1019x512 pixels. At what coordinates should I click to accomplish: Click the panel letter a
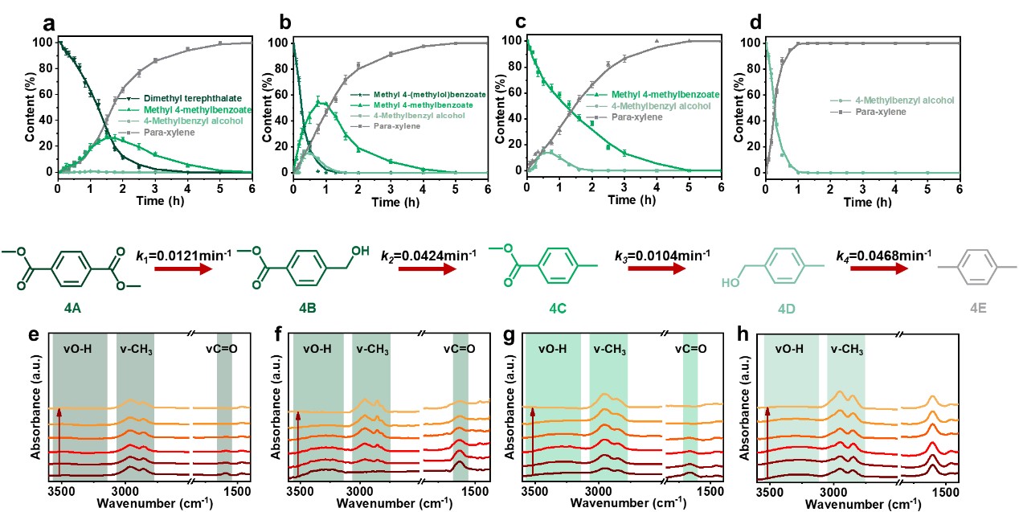[x=49, y=22]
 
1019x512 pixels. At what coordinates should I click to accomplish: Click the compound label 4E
[x=976, y=308]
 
